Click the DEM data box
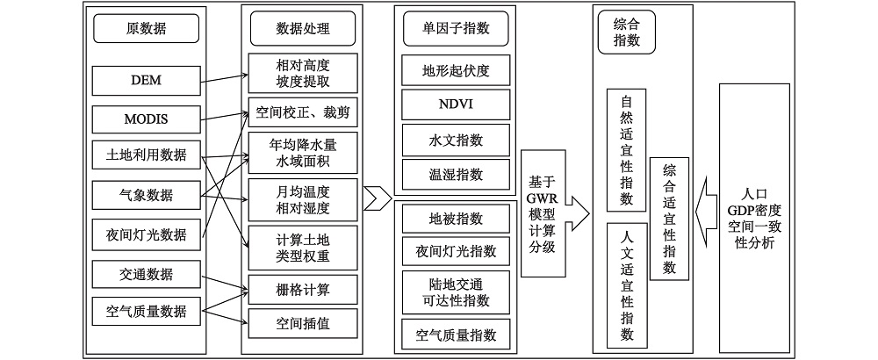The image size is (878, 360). point(146,82)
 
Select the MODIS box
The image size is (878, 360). point(146,119)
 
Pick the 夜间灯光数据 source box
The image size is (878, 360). point(146,234)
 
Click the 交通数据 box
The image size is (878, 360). point(146,272)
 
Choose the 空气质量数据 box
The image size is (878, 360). point(146,309)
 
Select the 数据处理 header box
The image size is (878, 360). point(302,30)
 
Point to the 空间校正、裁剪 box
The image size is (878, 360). point(302,112)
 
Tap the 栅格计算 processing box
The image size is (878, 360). point(302,287)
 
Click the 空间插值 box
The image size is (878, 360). point(302,322)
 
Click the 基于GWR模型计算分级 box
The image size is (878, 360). point(543,211)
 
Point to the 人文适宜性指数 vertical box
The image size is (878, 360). point(626,285)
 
